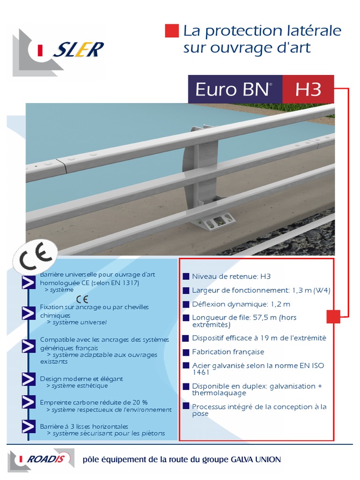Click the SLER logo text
point(79,50)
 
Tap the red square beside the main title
point(172,31)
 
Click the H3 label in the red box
point(308,90)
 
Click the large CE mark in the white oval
point(36,257)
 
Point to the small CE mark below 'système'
point(82,299)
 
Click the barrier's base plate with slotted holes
point(215,222)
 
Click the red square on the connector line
point(333,317)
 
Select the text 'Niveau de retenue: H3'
point(231,277)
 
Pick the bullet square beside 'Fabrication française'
point(186,352)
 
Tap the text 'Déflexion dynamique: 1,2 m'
point(241,304)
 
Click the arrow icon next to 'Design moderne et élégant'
point(29,379)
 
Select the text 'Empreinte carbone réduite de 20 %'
point(94,402)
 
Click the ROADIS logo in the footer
point(41,460)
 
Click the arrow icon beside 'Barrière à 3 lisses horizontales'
point(29,427)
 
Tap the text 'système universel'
point(80,322)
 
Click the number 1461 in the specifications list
point(201,373)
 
